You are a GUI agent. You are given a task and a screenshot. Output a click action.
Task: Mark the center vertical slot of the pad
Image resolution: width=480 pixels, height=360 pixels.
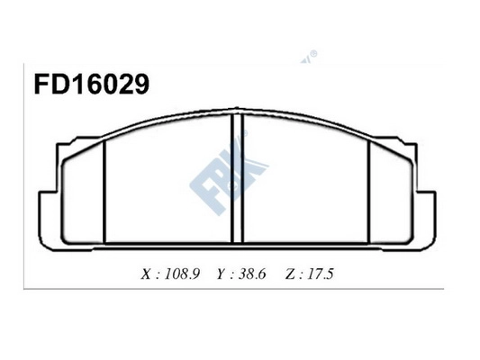tap(239, 180)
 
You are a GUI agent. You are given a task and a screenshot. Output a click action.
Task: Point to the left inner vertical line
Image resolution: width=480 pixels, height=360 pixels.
tap(105, 189)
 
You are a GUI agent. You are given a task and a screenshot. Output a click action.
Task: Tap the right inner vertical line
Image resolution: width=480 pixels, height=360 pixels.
tap(370, 189)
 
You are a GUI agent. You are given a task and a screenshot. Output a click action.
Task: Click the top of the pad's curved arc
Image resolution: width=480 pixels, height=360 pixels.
tap(239, 113)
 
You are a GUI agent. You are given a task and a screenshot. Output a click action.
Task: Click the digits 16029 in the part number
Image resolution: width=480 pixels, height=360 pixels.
tap(104, 85)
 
